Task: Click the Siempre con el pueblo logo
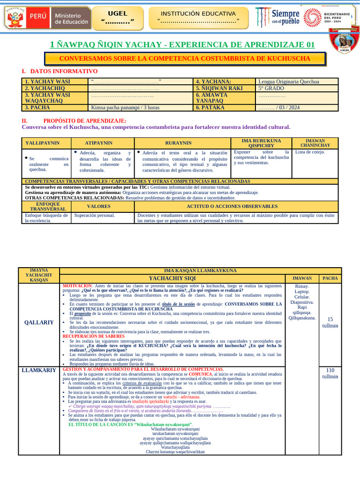pos(277,18)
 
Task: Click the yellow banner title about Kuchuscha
pos(185,59)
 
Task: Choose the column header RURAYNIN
pos(178,143)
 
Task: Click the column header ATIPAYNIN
pos(98,143)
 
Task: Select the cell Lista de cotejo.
pos(310,152)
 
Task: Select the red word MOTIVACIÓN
pos(77,286)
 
